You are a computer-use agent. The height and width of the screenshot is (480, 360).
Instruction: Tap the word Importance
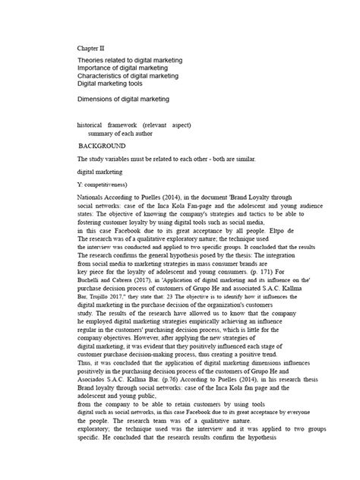(97, 68)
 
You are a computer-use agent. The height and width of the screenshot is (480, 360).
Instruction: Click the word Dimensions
(98, 99)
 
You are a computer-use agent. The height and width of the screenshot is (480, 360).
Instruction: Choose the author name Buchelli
(93, 277)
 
